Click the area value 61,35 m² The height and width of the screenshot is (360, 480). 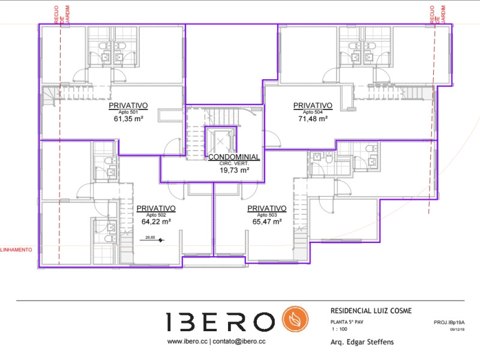click(x=128, y=119)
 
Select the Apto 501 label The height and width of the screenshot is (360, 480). click(x=128, y=112)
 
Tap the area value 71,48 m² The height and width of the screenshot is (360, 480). click(x=312, y=119)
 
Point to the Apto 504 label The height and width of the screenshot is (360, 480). click(x=312, y=112)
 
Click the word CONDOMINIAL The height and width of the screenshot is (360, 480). click(x=234, y=157)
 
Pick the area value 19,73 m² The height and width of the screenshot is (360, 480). click(x=234, y=170)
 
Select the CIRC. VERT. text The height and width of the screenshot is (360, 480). click(x=234, y=164)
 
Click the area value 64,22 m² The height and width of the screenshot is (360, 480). click(x=156, y=221)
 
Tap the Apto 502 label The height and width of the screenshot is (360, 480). click(x=156, y=215)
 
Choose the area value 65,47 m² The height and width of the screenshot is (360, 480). click(x=267, y=221)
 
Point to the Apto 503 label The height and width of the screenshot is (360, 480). click(x=267, y=215)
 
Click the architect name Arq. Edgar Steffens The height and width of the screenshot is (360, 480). click(x=362, y=343)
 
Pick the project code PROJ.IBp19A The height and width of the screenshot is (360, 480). click(x=449, y=323)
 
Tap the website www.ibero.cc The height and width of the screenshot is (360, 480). click(x=187, y=341)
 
